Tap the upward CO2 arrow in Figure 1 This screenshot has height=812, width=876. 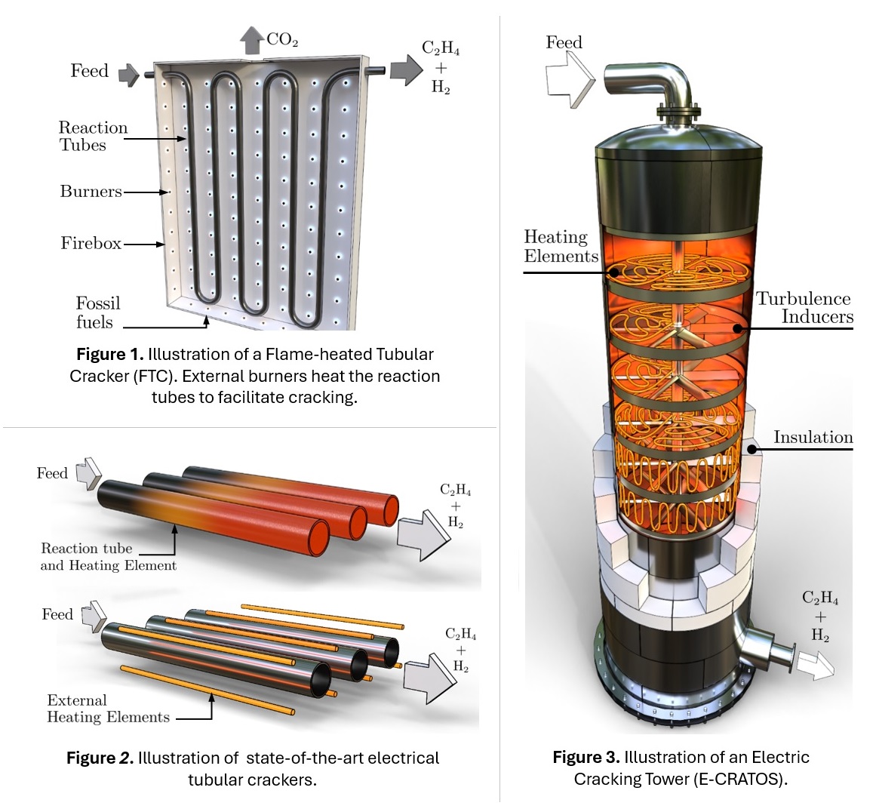click(251, 41)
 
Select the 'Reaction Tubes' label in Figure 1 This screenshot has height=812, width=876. click(93, 136)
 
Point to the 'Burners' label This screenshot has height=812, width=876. click(91, 192)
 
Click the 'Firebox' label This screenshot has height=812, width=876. click(91, 243)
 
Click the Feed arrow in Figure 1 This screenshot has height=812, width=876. click(130, 74)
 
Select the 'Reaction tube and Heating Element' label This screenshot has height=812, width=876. click(108, 557)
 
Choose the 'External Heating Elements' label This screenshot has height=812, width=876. click(108, 709)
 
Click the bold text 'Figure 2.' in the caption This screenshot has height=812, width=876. click(100, 758)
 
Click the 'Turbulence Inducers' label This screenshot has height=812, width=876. click(804, 307)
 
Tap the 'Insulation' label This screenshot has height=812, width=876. click(813, 437)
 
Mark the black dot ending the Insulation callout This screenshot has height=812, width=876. click(752, 449)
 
